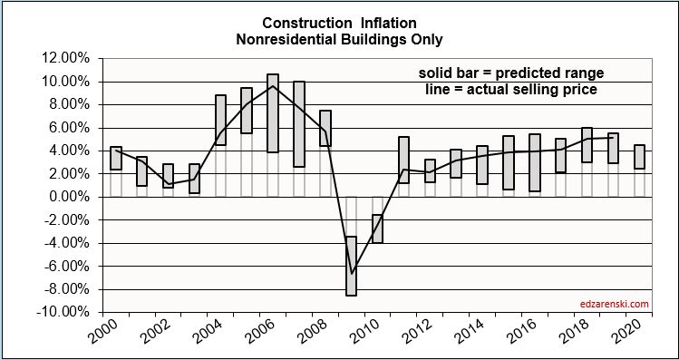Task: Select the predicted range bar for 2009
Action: coord(352,266)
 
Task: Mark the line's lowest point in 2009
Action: coord(352,272)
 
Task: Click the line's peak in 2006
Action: coord(273,86)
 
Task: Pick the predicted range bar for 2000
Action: coord(116,159)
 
